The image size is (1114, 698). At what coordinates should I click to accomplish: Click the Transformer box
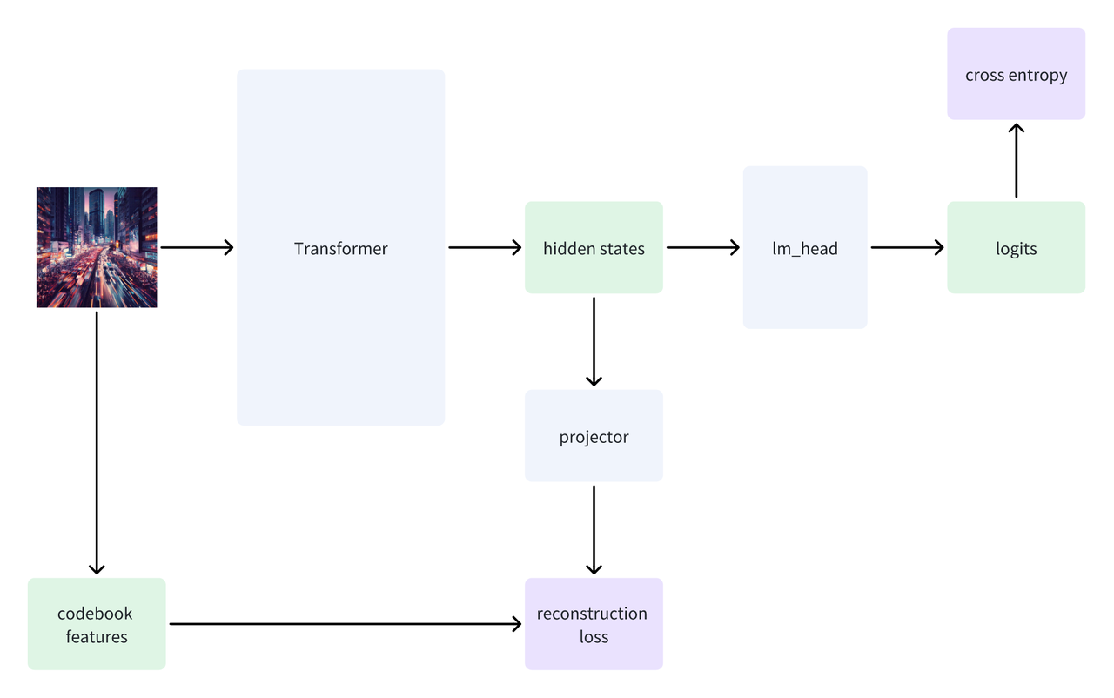pos(340,247)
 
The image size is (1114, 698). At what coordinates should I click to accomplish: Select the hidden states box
pos(594,247)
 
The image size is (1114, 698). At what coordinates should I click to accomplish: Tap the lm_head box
pos(805,247)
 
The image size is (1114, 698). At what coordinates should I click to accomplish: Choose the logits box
pos(1016,247)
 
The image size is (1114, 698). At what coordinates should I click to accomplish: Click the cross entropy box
pos(1016,74)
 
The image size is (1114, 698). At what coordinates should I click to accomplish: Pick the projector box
pos(594,435)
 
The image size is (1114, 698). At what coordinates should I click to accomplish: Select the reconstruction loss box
pos(594,624)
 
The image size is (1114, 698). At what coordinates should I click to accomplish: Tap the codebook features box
pos(97,624)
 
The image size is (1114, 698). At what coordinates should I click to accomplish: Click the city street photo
pos(97,247)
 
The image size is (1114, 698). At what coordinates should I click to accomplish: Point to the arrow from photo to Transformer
pos(197,247)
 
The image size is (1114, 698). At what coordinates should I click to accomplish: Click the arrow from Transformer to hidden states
pos(485,247)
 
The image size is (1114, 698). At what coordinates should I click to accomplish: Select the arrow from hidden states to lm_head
pos(703,247)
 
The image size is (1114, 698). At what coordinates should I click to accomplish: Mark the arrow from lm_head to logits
pos(907,247)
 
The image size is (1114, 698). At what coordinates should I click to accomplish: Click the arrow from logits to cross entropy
pos(1016,160)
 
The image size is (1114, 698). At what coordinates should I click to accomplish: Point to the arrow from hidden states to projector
pos(594,341)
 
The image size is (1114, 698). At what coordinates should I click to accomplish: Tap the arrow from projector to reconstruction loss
pos(594,530)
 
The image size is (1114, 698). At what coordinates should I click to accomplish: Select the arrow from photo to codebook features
pos(97,443)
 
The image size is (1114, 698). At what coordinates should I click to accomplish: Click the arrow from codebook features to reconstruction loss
pos(346,624)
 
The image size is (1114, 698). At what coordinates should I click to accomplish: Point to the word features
pos(97,636)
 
